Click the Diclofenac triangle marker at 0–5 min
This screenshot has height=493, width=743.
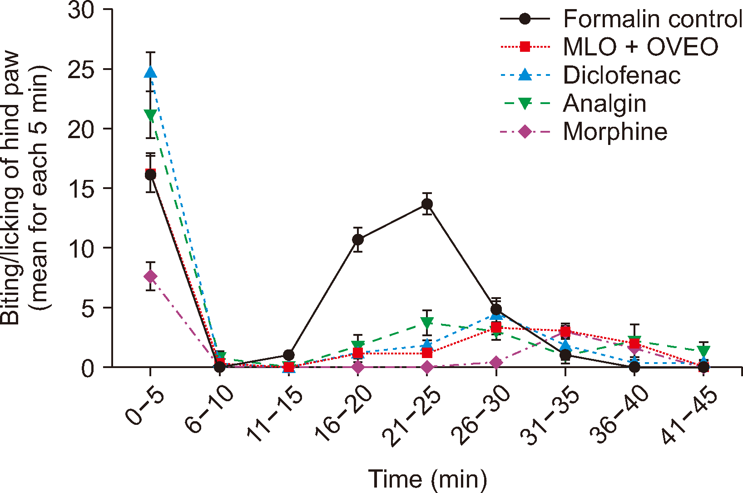point(150,72)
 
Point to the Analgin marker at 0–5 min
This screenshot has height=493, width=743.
point(150,115)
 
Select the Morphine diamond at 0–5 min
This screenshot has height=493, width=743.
point(150,277)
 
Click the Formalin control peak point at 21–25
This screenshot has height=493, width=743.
point(427,204)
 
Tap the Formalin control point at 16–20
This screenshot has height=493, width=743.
point(358,239)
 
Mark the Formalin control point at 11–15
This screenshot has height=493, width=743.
point(289,355)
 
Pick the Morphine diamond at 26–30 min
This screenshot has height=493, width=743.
point(496,362)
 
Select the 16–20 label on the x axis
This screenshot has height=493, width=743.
point(344,413)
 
